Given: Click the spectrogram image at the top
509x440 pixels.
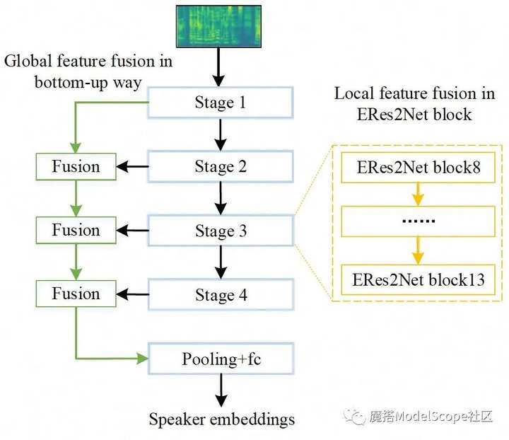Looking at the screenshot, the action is [x=218, y=26].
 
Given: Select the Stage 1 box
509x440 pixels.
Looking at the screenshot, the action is [x=221, y=103].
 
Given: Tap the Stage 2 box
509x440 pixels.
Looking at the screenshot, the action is [x=221, y=166].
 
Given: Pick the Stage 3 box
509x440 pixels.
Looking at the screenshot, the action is [x=221, y=230].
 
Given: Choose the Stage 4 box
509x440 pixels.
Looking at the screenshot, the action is [x=221, y=294].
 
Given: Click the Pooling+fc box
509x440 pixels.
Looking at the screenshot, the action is [x=221, y=359].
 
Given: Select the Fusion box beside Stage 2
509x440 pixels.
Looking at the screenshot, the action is [x=76, y=166].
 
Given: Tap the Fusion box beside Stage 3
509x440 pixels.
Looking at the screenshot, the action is [x=76, y=230].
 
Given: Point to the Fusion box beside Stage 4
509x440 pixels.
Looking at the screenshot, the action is [x=76, y=294].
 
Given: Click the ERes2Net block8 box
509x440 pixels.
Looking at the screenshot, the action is [x=418, y=168].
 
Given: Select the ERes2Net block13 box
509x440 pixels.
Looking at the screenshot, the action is [x=418, y=280].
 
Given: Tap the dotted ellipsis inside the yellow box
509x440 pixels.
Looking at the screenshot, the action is [x=418, y=221].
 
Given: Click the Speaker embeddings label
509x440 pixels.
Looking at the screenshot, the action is [x=222, y=419].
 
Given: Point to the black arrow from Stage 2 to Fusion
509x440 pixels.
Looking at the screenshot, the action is [x=132, y=166].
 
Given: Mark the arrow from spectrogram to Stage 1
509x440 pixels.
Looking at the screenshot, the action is [x=218, y=67].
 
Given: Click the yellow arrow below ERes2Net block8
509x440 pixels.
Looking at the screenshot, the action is [x=418, y=195].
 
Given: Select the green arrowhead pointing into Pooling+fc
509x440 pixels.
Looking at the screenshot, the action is [x=142, y=359].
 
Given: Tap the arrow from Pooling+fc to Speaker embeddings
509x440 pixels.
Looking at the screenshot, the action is [x=221, y=390].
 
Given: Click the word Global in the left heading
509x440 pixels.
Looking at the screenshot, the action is [x=28, y=61].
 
